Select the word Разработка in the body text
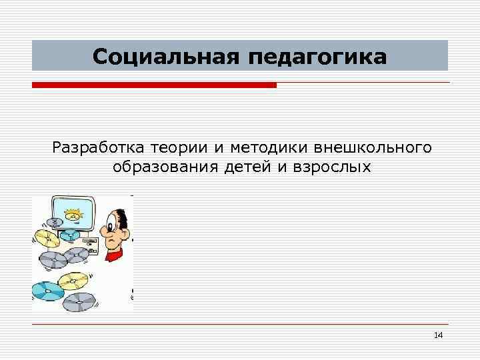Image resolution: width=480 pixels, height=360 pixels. tap(97, 147)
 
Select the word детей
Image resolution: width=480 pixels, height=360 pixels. tap(246, 166)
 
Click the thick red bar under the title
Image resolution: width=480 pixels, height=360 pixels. tap(153, 85)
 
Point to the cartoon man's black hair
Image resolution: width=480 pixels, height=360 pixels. tap(123, 215)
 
